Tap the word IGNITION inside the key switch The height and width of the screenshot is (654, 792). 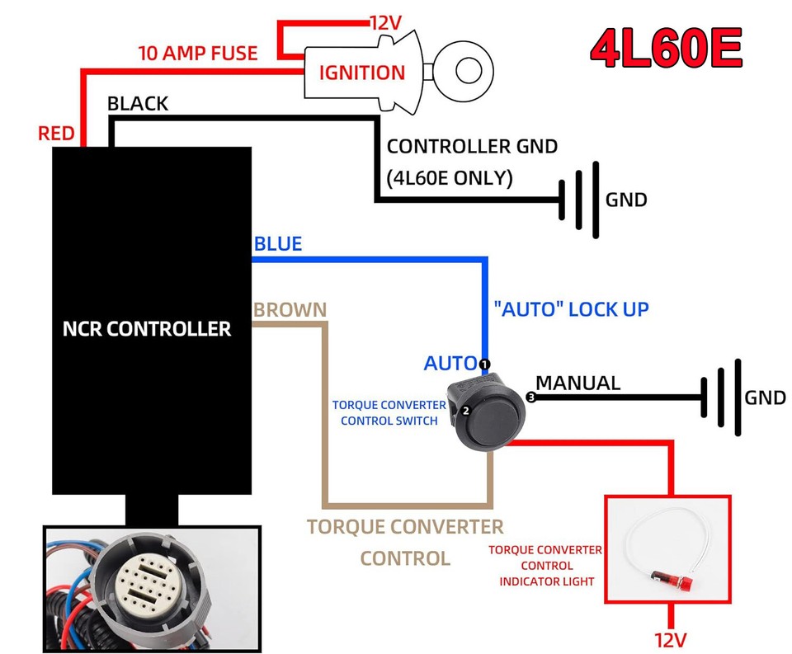[362, 72]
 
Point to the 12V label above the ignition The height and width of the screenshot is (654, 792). [384, 22]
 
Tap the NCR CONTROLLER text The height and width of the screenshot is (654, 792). [147, 328]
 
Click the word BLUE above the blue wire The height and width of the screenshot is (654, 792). [278, 244]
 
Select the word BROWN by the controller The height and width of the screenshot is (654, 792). [290, 310]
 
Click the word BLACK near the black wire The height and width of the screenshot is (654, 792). [138, 104]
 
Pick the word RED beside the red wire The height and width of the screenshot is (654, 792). [56, 133]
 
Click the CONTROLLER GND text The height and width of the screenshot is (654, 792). [472, 147]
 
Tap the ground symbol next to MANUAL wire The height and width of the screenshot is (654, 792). [720, 398]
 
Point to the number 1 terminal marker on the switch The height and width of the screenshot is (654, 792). [484, 364]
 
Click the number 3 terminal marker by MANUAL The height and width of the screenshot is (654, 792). [530, 398]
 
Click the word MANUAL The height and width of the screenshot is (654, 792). [577, 383]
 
